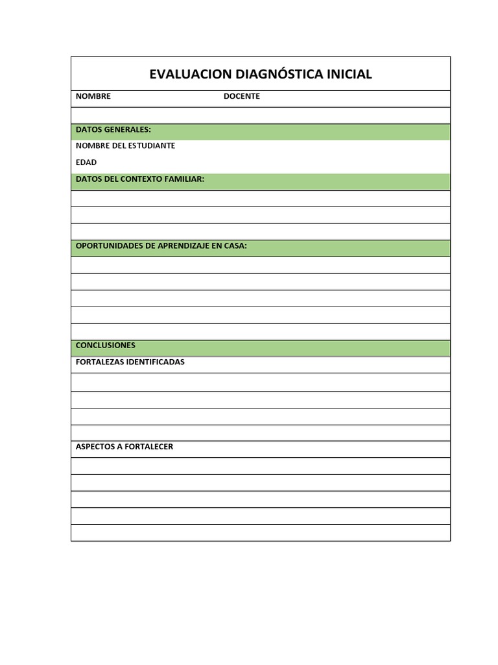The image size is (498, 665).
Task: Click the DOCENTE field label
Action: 242,96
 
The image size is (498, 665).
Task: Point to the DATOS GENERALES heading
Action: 113,130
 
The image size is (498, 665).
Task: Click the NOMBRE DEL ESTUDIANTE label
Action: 125,145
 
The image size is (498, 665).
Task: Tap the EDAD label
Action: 86,162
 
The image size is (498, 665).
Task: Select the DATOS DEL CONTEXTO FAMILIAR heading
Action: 140,179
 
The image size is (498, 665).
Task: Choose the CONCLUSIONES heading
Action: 106,345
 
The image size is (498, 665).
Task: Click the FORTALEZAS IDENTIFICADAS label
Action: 130,362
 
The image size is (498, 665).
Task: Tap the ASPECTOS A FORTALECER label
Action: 124,447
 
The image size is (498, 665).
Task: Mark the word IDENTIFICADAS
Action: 156,362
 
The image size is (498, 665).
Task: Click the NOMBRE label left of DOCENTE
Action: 93,96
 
